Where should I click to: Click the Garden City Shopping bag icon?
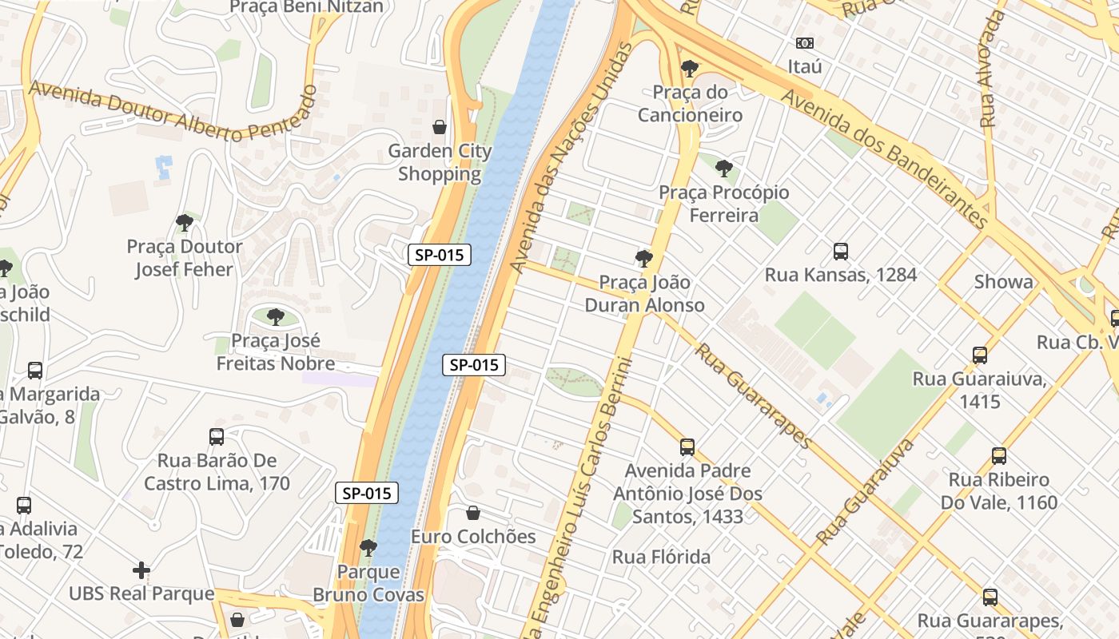439,127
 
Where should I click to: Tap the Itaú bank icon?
804,42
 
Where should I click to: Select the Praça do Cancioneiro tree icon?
689,69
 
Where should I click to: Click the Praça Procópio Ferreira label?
723,204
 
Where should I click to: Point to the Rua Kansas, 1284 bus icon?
840,252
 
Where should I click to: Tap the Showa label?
1003,282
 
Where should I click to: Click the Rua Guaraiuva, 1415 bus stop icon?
979,355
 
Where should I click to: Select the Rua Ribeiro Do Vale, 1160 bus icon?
998,456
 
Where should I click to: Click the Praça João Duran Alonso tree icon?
643,258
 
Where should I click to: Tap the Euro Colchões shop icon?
473,513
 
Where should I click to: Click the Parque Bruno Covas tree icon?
368,548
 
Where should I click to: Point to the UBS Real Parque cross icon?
141,570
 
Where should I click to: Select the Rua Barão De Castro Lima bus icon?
217,437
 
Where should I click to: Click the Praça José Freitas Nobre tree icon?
276,317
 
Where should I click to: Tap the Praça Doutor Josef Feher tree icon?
185,223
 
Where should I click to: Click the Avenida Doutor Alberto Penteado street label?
172,112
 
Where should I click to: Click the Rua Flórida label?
661,557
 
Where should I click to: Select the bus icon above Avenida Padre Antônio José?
687,447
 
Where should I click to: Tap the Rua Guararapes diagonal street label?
753,395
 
